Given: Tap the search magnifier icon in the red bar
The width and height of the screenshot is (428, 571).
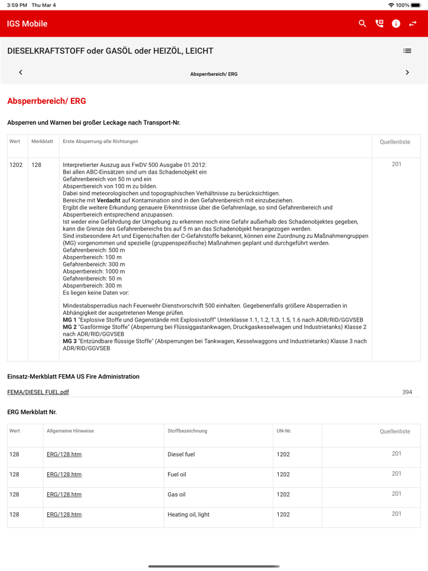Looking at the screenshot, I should click(x=363, y=24).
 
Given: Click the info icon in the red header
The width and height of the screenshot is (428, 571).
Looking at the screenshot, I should click(x=396, y=24).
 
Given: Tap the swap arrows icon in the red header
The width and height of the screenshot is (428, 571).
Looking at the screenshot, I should click(x=413, y=24).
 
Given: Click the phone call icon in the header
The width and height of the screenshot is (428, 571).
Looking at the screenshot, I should click(x=379, y=24).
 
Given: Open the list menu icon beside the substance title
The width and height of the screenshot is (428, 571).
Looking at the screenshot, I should click(x=407, y=51).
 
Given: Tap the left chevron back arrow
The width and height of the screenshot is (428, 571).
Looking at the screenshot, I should click(x=21, y=73).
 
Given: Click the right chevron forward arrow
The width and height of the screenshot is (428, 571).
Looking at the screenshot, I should click(x=407, y=73).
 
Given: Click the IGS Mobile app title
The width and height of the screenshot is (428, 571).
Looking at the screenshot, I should click(x=27, y=24).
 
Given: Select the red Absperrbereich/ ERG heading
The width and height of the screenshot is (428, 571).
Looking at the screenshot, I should click(x=46, y=101).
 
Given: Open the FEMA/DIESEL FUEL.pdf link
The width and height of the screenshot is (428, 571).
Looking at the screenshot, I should click(x=38, y=392).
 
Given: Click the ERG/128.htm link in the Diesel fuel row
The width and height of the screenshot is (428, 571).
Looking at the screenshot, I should click(x=64, y=454).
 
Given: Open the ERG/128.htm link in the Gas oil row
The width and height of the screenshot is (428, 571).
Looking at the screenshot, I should click(x=64, y=495).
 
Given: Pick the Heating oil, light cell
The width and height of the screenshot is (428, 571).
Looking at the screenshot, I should click(x=188, y=515).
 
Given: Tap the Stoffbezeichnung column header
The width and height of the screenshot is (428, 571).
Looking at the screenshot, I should click(x=187, y=431).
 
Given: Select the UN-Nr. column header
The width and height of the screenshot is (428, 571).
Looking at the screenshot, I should click(x=284, y=431).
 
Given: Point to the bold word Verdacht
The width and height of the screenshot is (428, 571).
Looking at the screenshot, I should click(x=108, y=201).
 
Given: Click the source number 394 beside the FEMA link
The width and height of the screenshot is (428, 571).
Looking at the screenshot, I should click(x=407, y=392).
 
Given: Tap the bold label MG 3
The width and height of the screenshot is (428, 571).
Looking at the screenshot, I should click(x=70, y=341).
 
